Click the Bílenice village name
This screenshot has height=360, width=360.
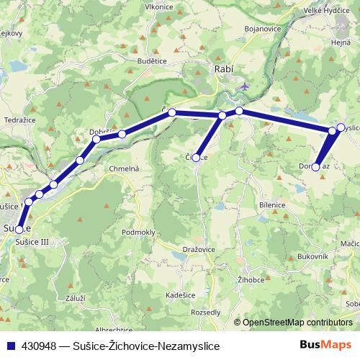click(x=272, y=205)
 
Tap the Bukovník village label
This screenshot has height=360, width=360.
click(x=312, y=256)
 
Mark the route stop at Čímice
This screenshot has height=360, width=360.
click(x=196, y=157)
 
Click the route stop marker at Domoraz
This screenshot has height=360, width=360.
click(x=315, y=167)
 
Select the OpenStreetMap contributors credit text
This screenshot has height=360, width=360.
click(x=297, y=323)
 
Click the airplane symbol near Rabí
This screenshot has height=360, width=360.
click(x=245, y=86)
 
